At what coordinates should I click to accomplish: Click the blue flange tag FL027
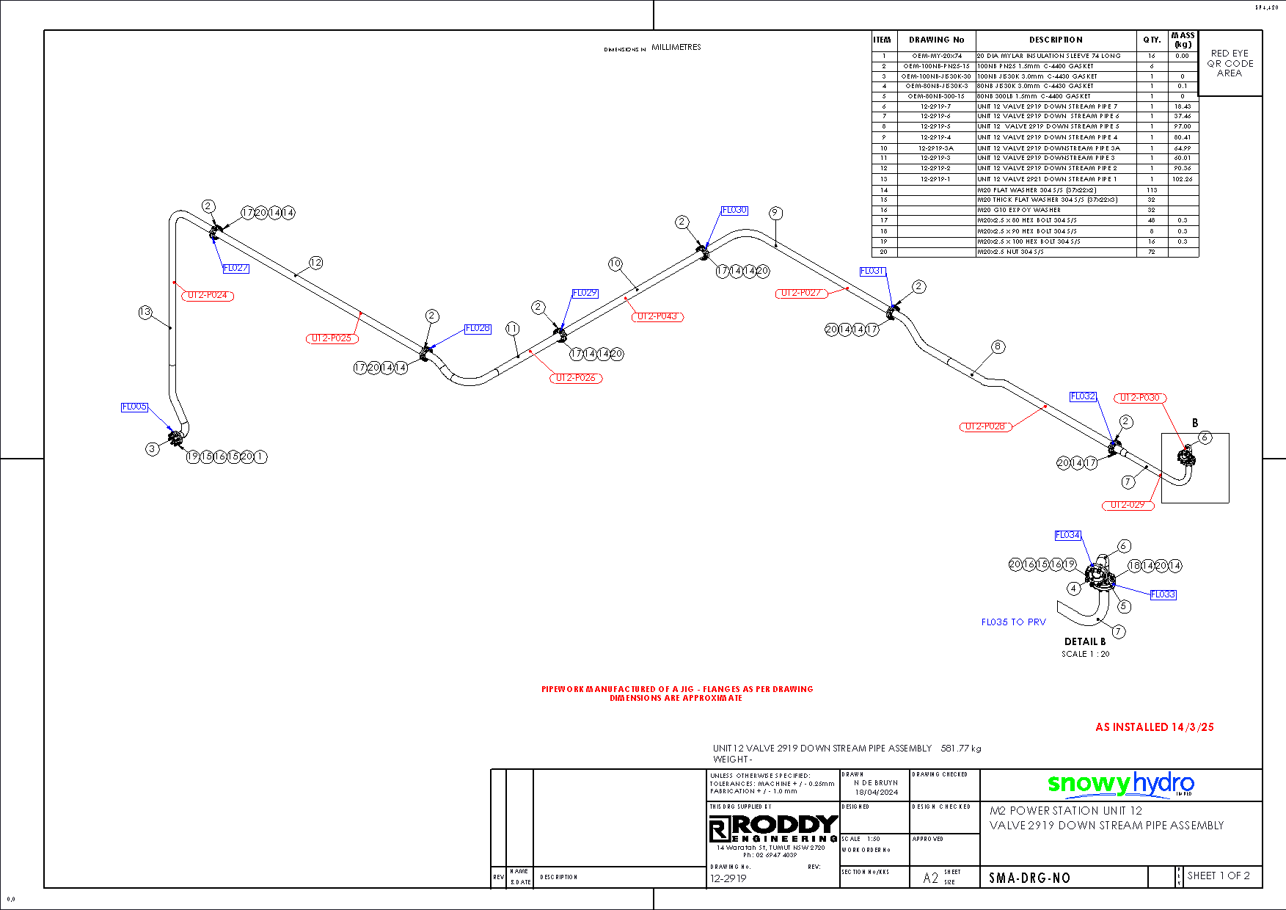[x=235, y=269]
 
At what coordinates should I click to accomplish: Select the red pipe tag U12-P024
[x=208, y=296]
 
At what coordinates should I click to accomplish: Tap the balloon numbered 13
[x=145, y=313]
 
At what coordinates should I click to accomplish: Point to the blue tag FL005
[x=134, y=407]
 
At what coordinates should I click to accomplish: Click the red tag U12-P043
[x=657, y=317]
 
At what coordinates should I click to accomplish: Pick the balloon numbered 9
[x=775, y=214]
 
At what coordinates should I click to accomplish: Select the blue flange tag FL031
[x=872, y=272]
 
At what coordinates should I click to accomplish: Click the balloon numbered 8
[x=998, y=346]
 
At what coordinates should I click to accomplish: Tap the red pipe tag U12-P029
[x=1128, y=505]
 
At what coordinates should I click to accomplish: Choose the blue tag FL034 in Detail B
[x=1067, y=536]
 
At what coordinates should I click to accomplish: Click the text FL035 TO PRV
[x=1013, y=622]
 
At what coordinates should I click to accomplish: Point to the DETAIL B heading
[x=1085, y=641]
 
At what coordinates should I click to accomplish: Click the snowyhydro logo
[x=1120, y=785]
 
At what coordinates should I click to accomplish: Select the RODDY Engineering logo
[x=773, y=829]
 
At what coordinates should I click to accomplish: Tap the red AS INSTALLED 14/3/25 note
[x=1154, y=727]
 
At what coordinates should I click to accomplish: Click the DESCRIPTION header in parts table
[x=1056, y=40]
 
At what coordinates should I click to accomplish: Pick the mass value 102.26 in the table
[x=1182, y=179]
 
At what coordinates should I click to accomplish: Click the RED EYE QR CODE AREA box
[x=1230, y=63]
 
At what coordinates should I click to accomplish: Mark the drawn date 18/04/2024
[x=876, y=793]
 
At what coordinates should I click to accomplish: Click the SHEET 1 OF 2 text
[x=1218, y=876]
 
